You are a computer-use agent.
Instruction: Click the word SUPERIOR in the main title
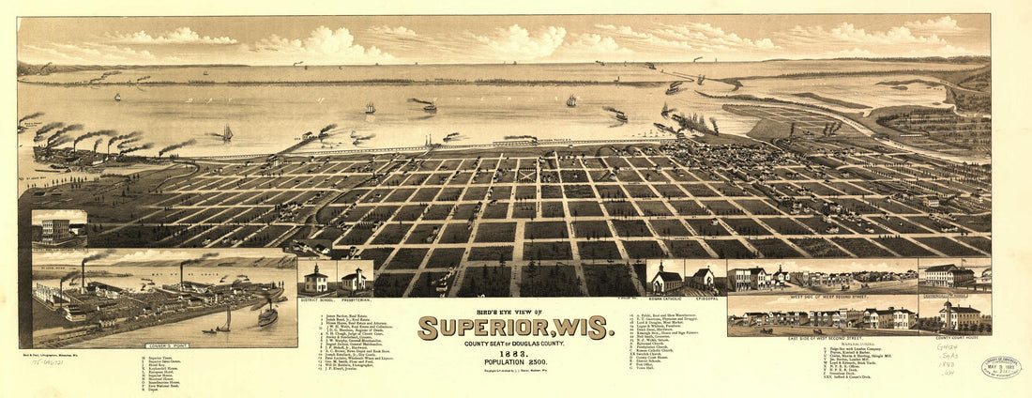pyautogui.click(x=489, y=328)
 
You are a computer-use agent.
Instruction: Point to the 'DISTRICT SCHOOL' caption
pyautogui.click(x=316, y=298)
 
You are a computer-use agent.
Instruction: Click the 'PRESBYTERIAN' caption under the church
pyautogui.click(x=354, y=298)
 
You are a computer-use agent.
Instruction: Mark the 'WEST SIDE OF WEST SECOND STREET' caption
pyautogui.click(x=822, y=292)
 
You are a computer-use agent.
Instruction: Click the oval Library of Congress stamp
pyautogui.click(x=1001, y=367)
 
